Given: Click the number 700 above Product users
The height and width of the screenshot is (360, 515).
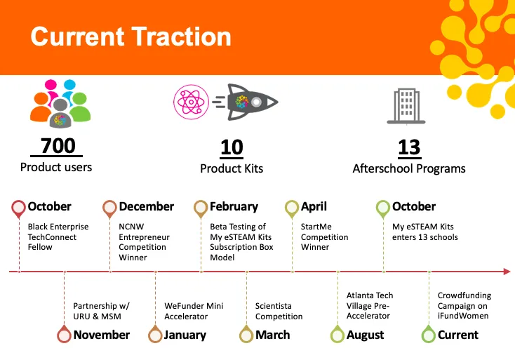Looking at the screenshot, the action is (58, 145).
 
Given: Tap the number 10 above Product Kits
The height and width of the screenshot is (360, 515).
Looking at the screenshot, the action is (232, 147).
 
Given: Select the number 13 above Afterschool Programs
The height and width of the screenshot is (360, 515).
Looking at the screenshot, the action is (409, 147).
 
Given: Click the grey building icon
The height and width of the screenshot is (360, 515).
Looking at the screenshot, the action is (406, 106).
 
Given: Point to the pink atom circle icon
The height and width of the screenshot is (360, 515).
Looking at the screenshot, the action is (191, 102).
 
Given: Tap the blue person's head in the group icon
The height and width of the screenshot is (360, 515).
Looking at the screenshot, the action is (69, 85).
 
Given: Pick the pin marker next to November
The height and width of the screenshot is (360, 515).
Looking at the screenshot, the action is (64, 334).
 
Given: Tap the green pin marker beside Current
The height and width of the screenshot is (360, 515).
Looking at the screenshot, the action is (428, 334).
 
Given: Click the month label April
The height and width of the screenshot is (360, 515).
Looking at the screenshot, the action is (314, 206).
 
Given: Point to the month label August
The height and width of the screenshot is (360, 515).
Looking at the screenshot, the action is (365, 335).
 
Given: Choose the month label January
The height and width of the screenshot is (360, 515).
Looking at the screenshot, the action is (185, 335).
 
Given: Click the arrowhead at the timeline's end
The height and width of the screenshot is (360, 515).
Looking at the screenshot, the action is (507, 272).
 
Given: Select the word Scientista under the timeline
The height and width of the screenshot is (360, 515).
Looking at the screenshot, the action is (273, 306).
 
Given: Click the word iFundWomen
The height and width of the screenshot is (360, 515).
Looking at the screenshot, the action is (463, 316).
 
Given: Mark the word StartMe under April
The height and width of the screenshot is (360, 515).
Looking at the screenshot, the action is (316, 227).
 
